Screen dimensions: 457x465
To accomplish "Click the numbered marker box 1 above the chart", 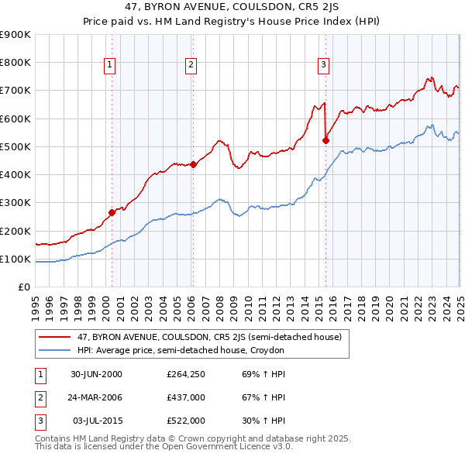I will pyautogui.click(x=111, y=65).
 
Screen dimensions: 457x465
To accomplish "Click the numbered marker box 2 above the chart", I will pyautogui.click(x=191, y=65).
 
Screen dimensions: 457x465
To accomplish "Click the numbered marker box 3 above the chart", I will pyautogui.click(x=323, y=65).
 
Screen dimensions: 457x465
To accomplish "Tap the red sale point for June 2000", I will pyautogui.click(x=112, y=211).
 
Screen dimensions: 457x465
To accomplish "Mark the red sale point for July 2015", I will pyautogui.click(x=325, y=140).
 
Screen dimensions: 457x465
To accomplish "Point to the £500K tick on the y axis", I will pyautogui.click(x=15, y=146).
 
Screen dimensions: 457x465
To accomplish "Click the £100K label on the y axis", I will pyautogui.click(x=15, y=259).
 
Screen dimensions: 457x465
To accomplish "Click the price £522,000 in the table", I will pyautogui.click(x=186, y=421).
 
